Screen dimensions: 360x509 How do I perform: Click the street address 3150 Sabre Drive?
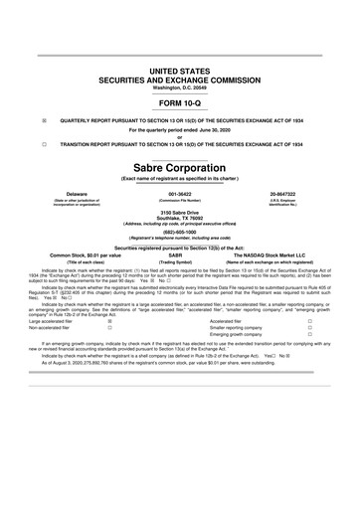[x=180, y=213]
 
